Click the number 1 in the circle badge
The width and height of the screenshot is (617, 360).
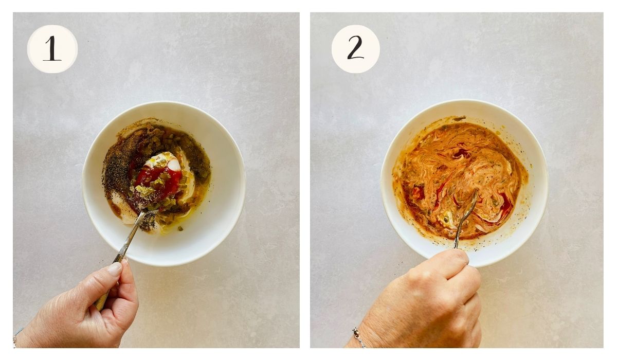(52, 49)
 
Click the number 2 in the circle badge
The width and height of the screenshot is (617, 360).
(355, 49)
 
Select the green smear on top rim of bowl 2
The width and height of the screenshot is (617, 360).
(459, 119)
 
